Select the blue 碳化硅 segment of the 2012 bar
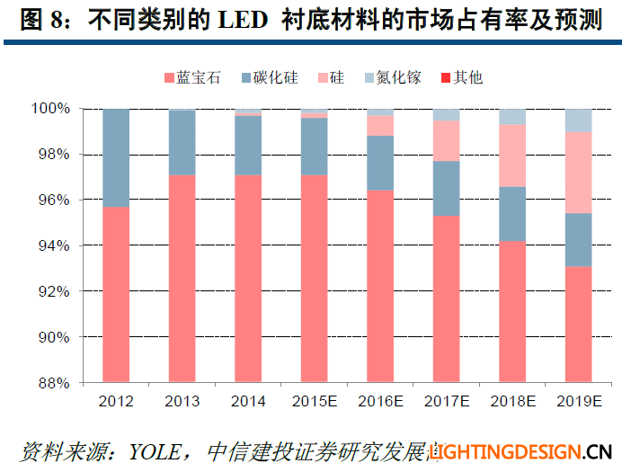point(116,157)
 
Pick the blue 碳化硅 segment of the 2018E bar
point(512,213)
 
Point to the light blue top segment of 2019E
point(578,120)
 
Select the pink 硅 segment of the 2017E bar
point(446,140)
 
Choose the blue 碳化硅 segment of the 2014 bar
point(248,145)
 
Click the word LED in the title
point(241,22)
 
